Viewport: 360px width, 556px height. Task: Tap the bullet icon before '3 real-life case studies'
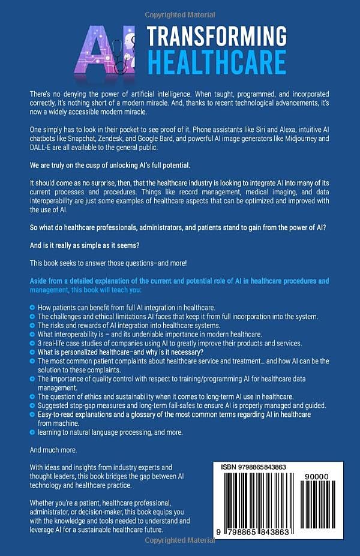[x=32, y=342]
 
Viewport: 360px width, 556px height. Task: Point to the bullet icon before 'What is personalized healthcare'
[x=32, y=351]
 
